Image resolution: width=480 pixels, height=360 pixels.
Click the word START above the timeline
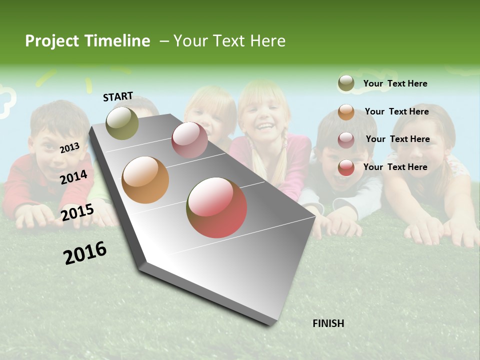click(118, 96)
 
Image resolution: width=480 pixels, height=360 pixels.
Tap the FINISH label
click(328, 323)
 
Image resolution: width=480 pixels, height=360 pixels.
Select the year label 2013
click(69, 147)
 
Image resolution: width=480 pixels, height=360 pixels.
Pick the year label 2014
click(73, 177)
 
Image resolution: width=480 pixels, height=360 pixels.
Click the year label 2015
click(77, 212)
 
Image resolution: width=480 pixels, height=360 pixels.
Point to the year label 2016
click(85, 252)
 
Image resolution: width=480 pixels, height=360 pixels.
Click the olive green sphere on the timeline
click(122, 123)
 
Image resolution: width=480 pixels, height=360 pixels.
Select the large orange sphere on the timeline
click(145, 180)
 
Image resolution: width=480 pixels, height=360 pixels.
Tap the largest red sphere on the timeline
click(216, 207)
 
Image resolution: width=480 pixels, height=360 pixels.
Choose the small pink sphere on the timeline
click(189, 140)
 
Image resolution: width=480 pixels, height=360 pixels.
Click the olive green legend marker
click(346, 83)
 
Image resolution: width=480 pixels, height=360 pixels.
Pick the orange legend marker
click(346, 112)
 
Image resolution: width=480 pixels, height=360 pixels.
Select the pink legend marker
click(346, 139)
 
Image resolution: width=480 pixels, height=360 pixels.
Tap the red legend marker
click(346, 167)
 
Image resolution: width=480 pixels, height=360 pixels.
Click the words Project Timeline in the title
click(87, 41)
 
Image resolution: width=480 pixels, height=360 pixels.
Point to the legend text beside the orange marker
click(396, 111)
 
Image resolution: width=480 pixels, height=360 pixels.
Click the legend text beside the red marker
click(395, 167)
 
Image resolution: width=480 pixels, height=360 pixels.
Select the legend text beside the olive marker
click(395, 83)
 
